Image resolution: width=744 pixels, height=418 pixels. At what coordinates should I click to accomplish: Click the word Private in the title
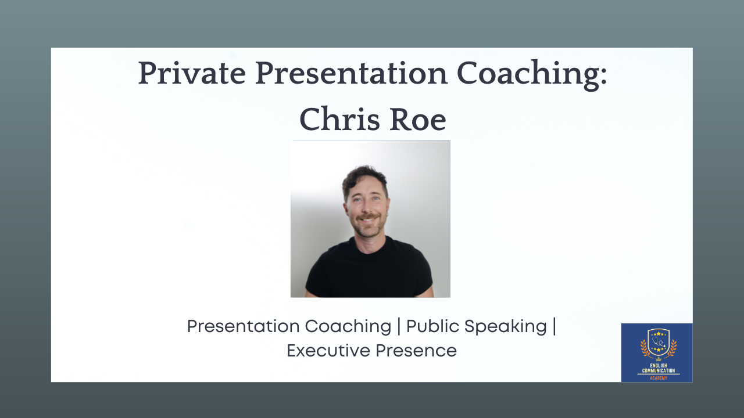[192, 73]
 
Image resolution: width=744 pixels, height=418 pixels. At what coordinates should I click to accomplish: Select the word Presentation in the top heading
[352, 73]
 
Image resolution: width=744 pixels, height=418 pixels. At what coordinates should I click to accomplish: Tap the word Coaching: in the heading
[532, 75]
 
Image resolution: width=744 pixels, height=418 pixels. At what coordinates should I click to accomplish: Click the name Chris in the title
[339, 119]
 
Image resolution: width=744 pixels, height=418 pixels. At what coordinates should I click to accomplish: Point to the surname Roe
[418, 120]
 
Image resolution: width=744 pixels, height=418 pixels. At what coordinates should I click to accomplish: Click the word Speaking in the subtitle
[506, 327]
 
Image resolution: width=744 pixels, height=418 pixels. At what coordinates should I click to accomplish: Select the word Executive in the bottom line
[328, 351]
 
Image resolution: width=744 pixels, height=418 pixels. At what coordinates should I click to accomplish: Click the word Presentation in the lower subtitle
[243, 326]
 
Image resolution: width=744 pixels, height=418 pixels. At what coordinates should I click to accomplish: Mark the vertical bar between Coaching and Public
[399, 326]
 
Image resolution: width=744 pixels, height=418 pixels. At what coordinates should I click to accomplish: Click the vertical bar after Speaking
[555, 326]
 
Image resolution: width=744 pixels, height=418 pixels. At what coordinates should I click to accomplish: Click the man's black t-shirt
[369, 271]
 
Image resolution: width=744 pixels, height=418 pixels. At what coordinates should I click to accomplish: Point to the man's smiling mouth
[368, 219]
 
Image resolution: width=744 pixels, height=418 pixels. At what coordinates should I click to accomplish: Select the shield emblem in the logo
[659, 343]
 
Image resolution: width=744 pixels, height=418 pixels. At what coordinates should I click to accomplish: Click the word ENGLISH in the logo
[659, 366]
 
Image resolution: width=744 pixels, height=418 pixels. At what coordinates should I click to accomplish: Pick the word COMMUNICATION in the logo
[659, 370]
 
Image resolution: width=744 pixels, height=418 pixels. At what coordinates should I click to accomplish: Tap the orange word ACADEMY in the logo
[659, 378]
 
